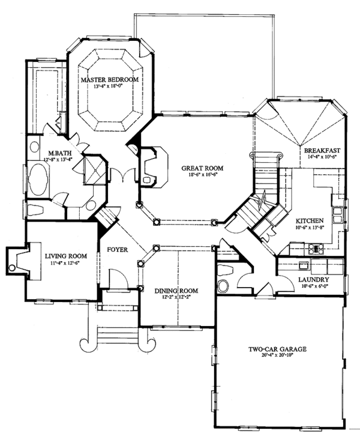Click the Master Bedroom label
click(110, 80)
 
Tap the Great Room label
click(202, 168)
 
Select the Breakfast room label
click(322, 151)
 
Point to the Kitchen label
click(310, 221)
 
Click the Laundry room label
click(314, 280)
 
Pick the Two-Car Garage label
click(277, 349)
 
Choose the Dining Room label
click(176, 291)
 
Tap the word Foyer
click(118, 250)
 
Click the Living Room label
click(66, 256)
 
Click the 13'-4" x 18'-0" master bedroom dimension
click(109, 86)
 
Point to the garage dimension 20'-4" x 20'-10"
click(278, 355)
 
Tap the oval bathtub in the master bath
click(38, 180)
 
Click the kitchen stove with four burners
click(316, 249)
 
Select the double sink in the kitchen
click(337, 215)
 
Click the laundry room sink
click(304, 265)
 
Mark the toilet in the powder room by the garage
click(226, 270)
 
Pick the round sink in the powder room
click(223, 286)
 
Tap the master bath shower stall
click(94, 170)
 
